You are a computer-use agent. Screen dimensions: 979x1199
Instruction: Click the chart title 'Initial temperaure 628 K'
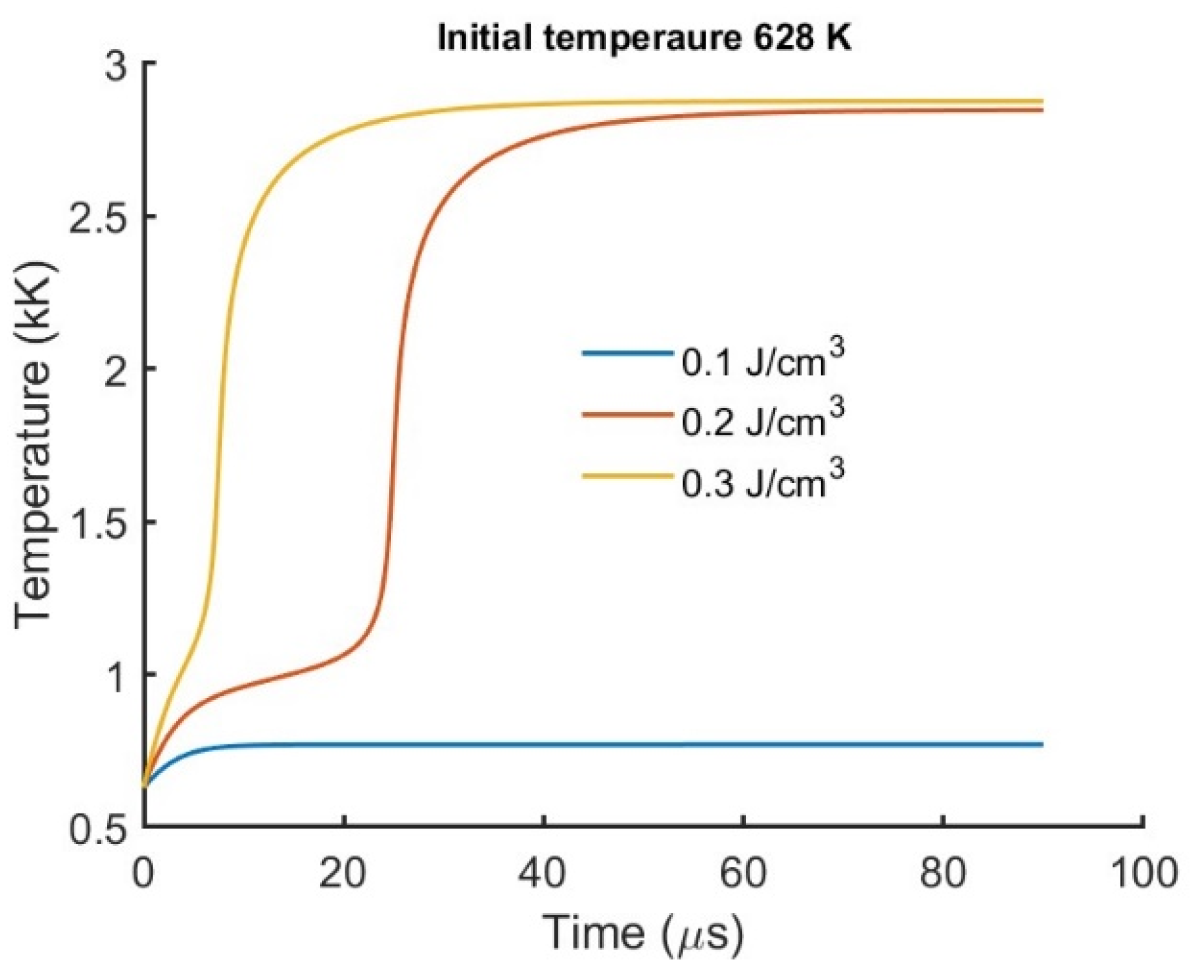pyautogui.click(x=644, y=38)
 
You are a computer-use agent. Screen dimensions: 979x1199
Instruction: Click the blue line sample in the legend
pyautogui.click(x=627, y=354)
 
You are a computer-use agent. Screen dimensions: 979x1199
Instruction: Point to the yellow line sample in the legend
pyautogui.click(x=627, y=476)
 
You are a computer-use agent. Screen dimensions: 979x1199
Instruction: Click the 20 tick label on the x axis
pyautogui.click(x=343, y=873)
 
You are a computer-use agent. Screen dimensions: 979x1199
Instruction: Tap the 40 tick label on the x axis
pyautogui.click(x=543, y=873)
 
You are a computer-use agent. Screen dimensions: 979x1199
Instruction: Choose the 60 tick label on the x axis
pyautogui.click(x=744, y=873)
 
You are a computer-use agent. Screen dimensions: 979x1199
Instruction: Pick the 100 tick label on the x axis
pyautogui.click(x=1143, y=873)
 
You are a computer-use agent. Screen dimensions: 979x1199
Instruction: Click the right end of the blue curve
pyautogui.click(x=1042, y=744)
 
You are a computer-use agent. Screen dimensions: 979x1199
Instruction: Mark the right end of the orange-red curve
pyautogui.click(x=1042, y=110)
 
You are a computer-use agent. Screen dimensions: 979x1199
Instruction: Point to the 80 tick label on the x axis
pyautogui.click(x=943, y=873)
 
